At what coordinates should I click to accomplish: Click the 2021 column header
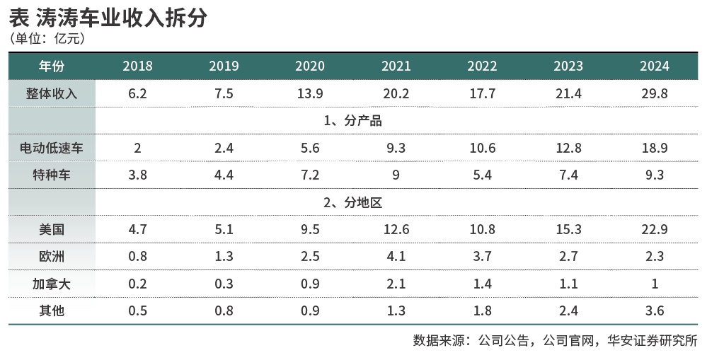pos(396,66)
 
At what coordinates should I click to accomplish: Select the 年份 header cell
pos(52,66)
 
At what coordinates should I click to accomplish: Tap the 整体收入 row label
pos(52,93)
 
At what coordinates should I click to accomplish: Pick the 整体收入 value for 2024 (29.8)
pos(654,93)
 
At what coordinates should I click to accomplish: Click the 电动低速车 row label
pos(52,148)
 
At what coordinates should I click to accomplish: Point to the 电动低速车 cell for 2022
pos(482,148)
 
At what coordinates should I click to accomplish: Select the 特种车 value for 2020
pos(309,175)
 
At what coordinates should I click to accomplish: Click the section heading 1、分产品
pos(352,121)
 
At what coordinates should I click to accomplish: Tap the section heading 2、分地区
pos(352,202)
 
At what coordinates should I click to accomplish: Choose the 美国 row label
pos(52,229)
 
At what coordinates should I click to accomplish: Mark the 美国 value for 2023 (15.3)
pos(568,229)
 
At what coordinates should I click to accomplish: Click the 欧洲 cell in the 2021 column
pos(396,256)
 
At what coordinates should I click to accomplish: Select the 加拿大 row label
pos(52,284)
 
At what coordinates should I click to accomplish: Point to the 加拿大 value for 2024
pos(654,284)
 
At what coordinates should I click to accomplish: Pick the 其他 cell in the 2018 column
pos(137,310)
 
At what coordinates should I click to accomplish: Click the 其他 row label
pos(52,310)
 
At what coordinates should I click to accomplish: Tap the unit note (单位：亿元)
pos(47,39)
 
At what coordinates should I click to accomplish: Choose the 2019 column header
pos(224,66)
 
